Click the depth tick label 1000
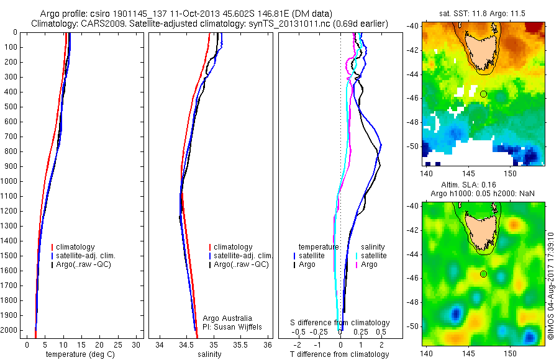point(10,181)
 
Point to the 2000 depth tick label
point(10,330)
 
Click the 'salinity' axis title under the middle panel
point(209,354)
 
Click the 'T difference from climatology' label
point(340,354)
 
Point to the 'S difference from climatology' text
point(340,323)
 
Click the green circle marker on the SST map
point(484,94)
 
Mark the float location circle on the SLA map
point(484,274)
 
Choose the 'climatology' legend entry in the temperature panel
point(77,247)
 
